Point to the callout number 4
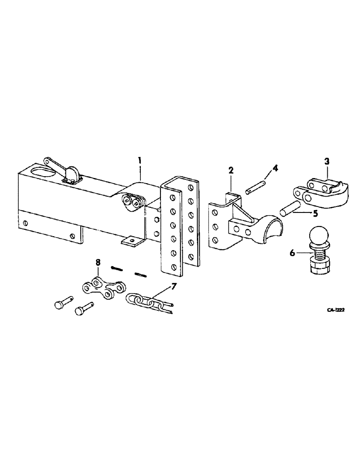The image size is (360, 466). [276, 167]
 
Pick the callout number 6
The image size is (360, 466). [292, 253]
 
